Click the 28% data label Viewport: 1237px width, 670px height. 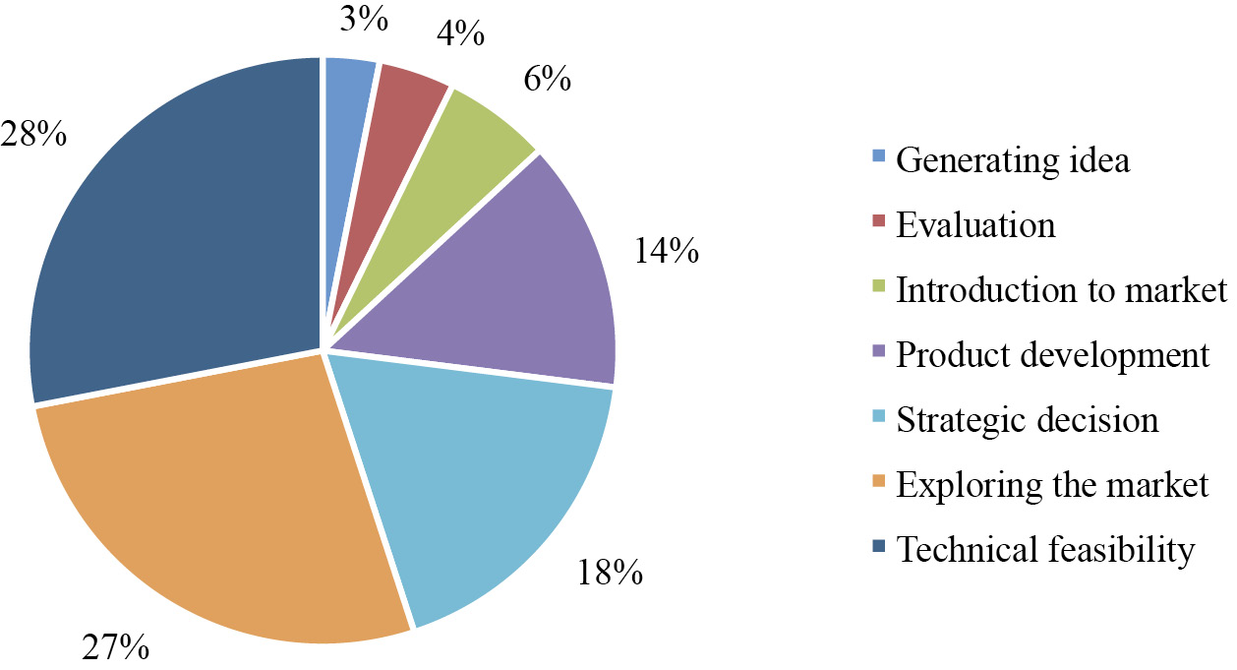coord(33,133)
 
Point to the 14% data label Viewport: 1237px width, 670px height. coord(666,252)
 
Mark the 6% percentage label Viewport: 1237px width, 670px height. coord(546,80)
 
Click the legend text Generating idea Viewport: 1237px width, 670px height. coord(1013,159)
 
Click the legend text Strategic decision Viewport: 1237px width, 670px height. coord(1028,420)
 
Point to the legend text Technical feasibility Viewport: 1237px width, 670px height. coord(1045,549)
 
